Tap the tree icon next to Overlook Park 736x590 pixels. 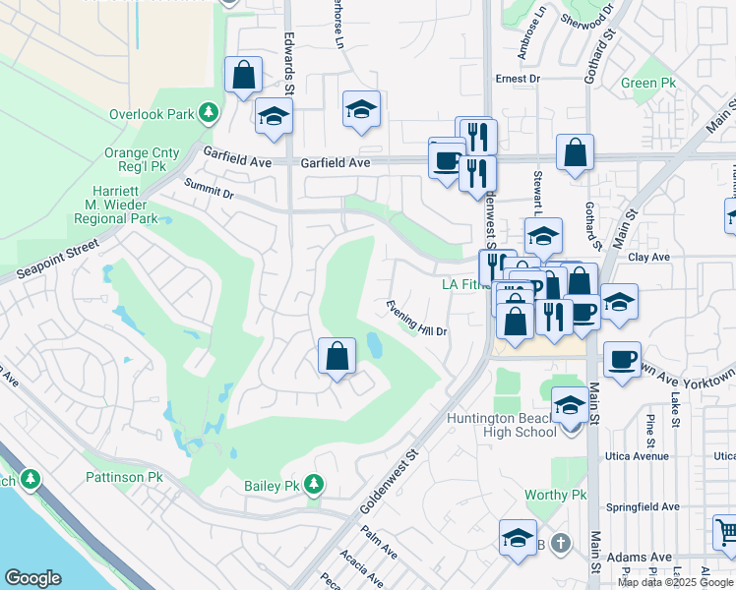click(208, 114)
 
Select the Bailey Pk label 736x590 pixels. click(272, 486)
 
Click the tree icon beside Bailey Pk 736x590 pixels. click(313, 484)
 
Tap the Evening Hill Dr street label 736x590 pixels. click(417, 317)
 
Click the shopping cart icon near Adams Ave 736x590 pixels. click(727, 534)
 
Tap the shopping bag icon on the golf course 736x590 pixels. click(337, 357)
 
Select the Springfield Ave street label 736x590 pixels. click(644, 507)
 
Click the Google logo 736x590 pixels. click(33, 578)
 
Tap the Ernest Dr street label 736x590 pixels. click(519, 79)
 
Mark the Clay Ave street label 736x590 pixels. click(649, 258)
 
